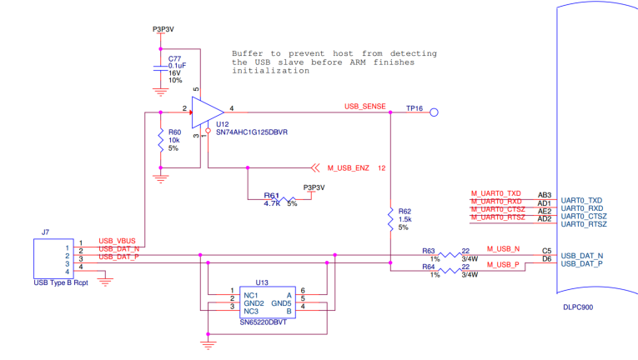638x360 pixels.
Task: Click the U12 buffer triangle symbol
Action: [206, 110]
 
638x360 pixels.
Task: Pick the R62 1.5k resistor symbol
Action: [390, 219]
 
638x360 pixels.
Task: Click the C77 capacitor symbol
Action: [160, 66]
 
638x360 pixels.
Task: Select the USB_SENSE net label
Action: [365, 106]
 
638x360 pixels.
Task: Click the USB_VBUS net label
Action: [117, 241]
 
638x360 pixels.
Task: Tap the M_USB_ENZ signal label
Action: [348, 167]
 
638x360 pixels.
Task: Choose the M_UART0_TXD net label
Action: [496, 193]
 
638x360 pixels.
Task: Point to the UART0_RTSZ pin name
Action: [584, 225]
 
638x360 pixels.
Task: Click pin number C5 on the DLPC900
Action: [546, 249]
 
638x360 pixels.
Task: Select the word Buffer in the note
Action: [249, 52]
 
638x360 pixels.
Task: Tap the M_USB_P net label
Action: [503, 263]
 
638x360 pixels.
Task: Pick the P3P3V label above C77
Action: [164, 29]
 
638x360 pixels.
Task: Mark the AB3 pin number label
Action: [545, 194]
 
